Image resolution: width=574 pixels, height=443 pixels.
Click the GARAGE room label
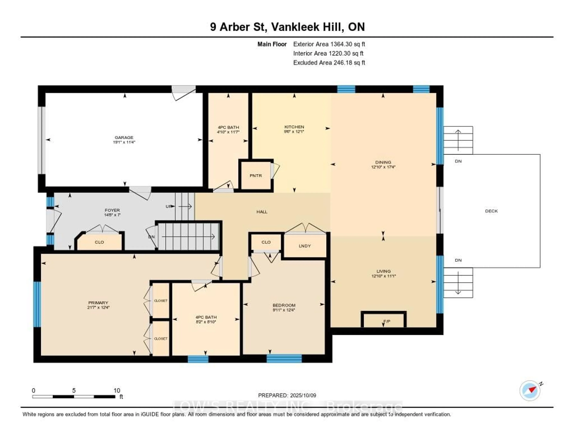[124, 137]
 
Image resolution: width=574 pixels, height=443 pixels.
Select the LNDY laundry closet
[305, 246]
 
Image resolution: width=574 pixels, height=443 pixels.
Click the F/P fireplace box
[384, 321]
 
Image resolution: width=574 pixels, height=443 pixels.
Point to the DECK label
[491, 211]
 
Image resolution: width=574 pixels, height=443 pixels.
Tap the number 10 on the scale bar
[117, 390]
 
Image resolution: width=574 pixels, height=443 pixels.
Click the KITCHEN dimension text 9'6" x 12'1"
[294, 132]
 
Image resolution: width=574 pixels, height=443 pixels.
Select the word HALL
[262, 212]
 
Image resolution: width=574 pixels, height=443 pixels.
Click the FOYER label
[112, 210]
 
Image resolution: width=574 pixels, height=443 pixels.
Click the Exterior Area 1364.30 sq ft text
[329, 44]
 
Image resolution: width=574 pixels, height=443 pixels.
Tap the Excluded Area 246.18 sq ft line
[329, 62]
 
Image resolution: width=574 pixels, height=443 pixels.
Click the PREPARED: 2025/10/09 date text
[287, 395]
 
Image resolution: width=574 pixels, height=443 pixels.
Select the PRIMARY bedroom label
[98, 302]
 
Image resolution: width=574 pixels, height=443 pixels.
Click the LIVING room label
[383, 271]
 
